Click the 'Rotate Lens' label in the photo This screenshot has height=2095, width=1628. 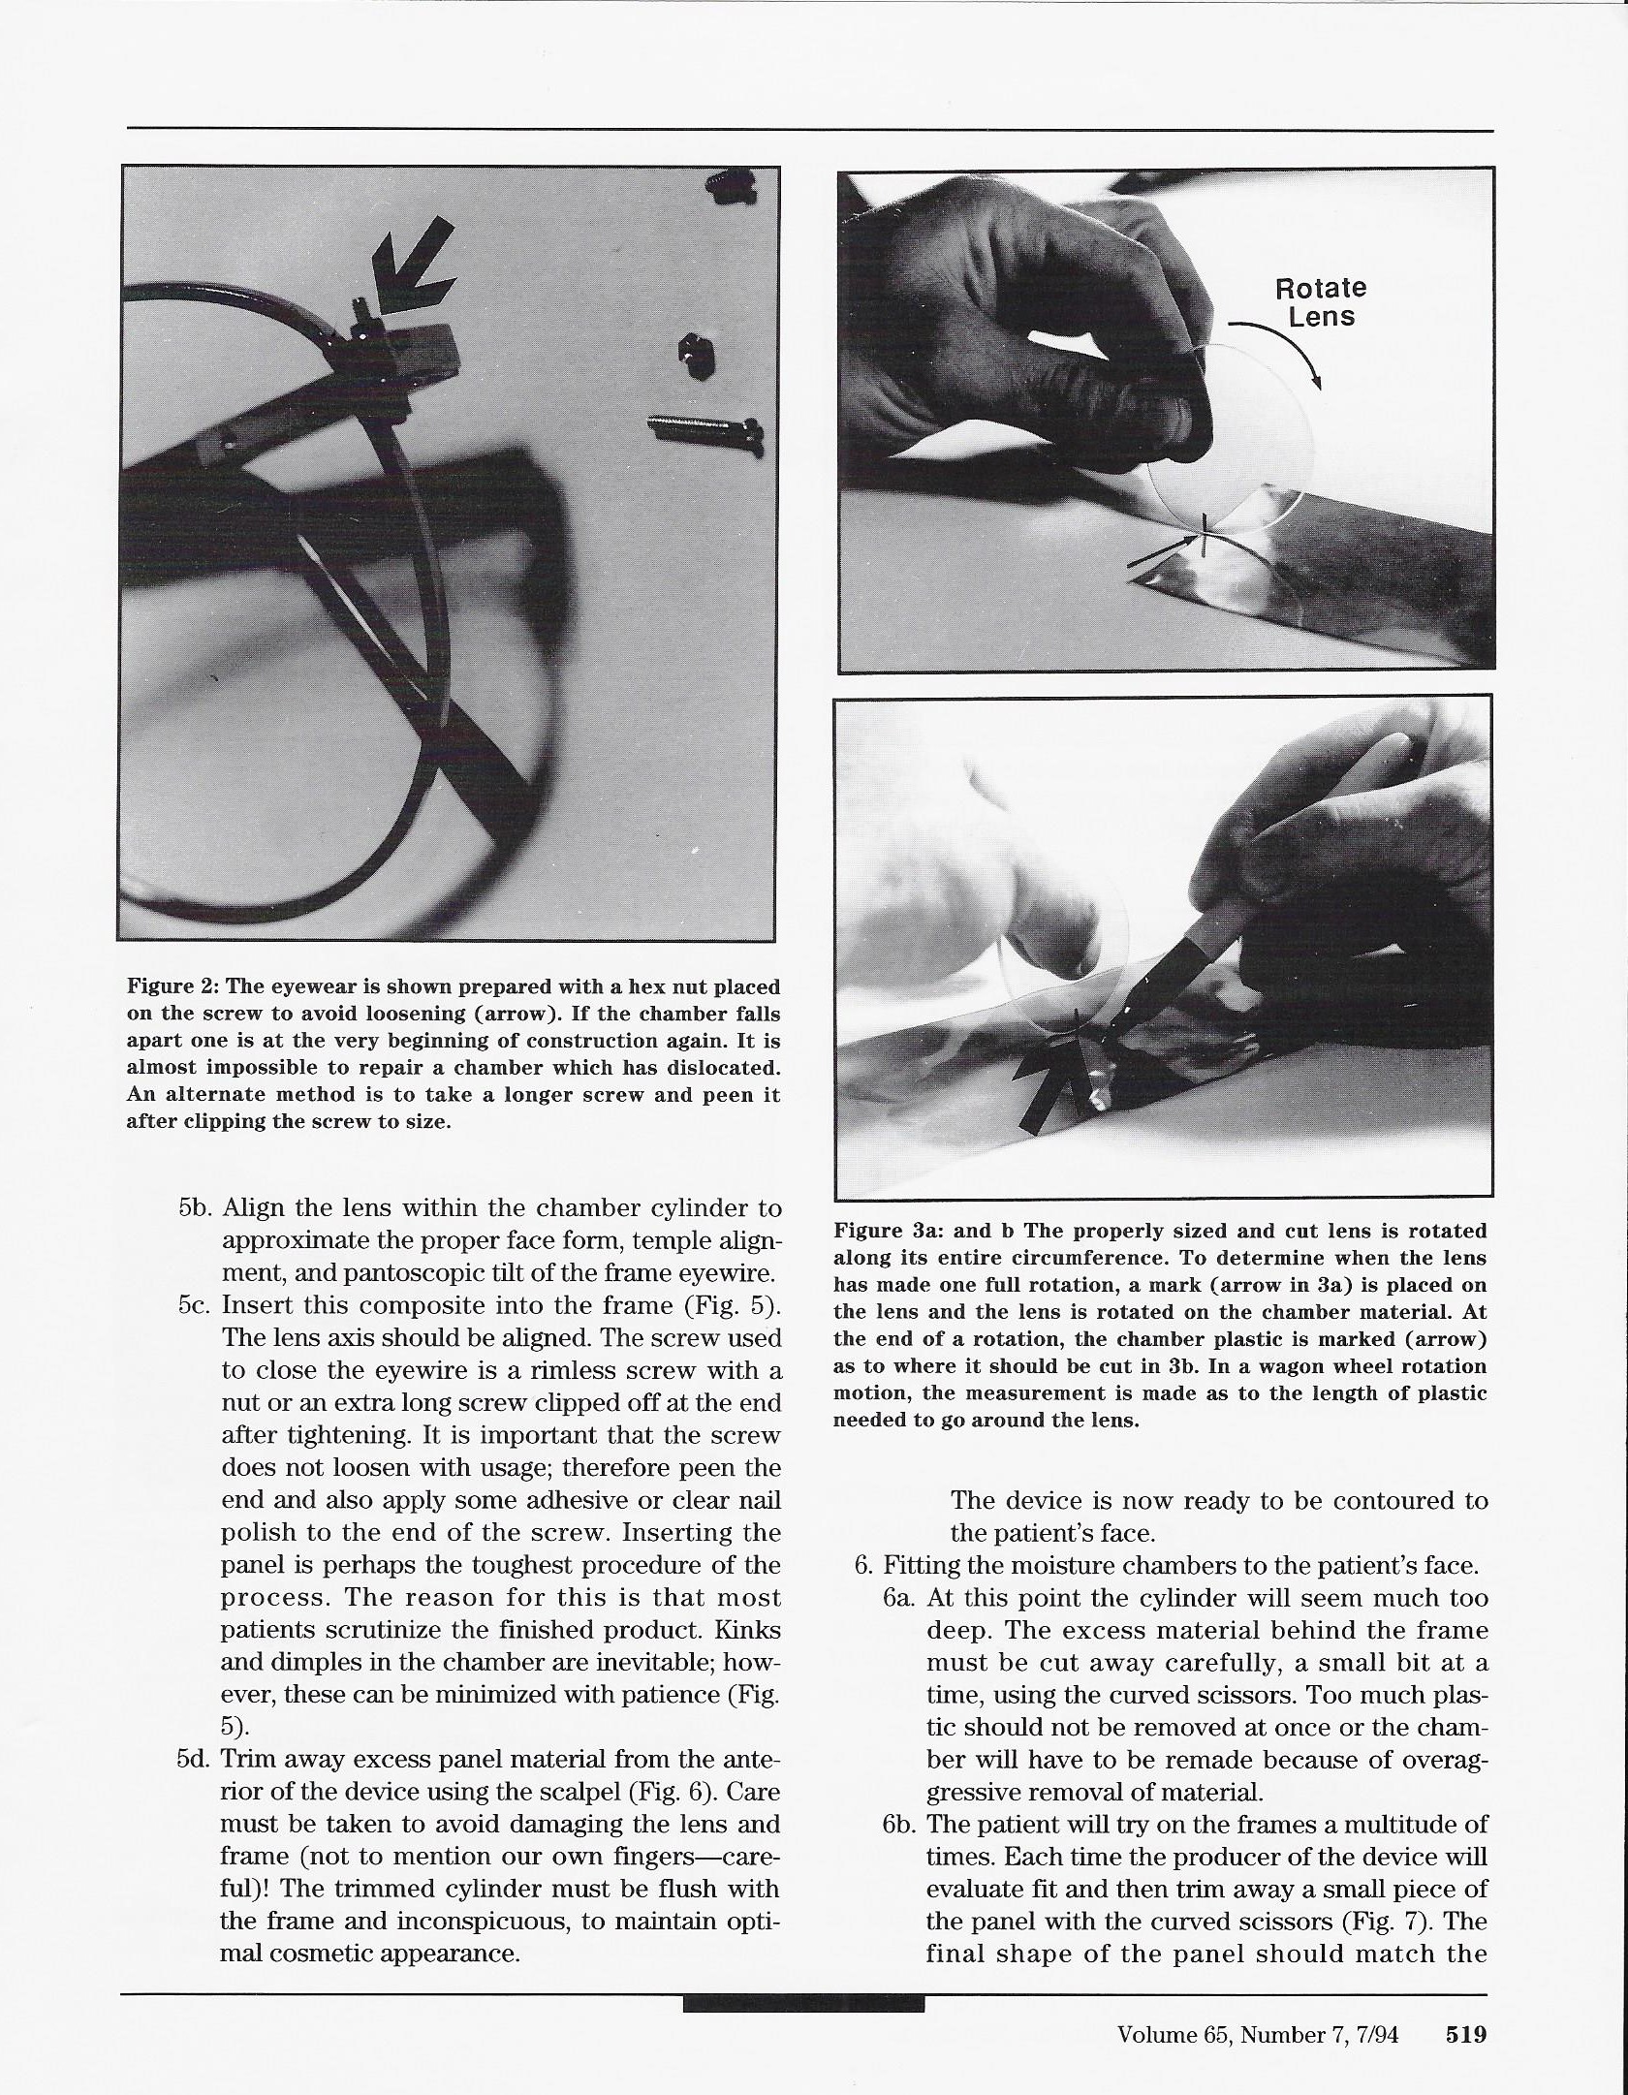(x=1320, y=302)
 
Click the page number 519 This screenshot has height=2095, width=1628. (x=1465, y=2034)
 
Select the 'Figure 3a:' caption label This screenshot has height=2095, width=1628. (x=883, y=1232)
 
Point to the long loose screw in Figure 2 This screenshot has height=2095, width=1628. (x=705, y=427)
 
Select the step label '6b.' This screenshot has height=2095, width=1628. (x=900, y=1824)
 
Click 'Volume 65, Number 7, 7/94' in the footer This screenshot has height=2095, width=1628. (x=1258, y=2034)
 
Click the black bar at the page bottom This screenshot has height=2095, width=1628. (x=803, y=2003)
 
